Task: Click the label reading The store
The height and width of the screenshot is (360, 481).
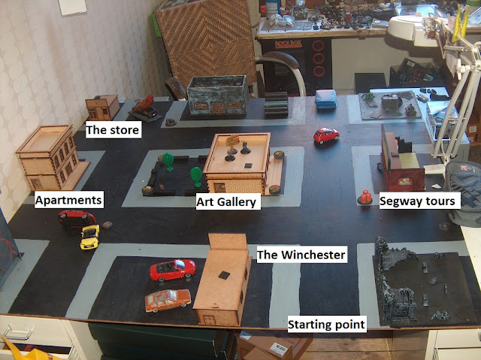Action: coord(113,130)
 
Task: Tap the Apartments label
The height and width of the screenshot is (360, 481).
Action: coord(69,200)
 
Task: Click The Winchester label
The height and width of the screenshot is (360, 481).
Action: coord(302,255)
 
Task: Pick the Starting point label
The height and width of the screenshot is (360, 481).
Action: coord(327,324)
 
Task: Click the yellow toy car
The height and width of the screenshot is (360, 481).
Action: coord(90,237)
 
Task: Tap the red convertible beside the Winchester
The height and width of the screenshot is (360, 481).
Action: coord(173,270)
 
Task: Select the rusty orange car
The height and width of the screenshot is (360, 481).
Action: coord(168,300)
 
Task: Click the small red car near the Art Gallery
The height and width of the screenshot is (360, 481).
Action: coord(326,135)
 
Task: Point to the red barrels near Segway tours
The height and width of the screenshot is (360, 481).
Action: coord(365,197)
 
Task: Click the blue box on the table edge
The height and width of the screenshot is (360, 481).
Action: coord(325,98)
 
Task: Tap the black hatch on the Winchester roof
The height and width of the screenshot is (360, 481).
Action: coord(224,275)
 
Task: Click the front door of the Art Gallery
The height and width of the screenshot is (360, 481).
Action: coord(219,188)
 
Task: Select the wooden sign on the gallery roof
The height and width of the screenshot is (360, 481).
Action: coord(232,141)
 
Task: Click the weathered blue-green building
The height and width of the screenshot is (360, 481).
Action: coord(218,95)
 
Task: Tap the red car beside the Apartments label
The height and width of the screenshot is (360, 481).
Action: coord(77,219)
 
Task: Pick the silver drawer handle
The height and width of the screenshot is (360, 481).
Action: coord(19,331)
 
